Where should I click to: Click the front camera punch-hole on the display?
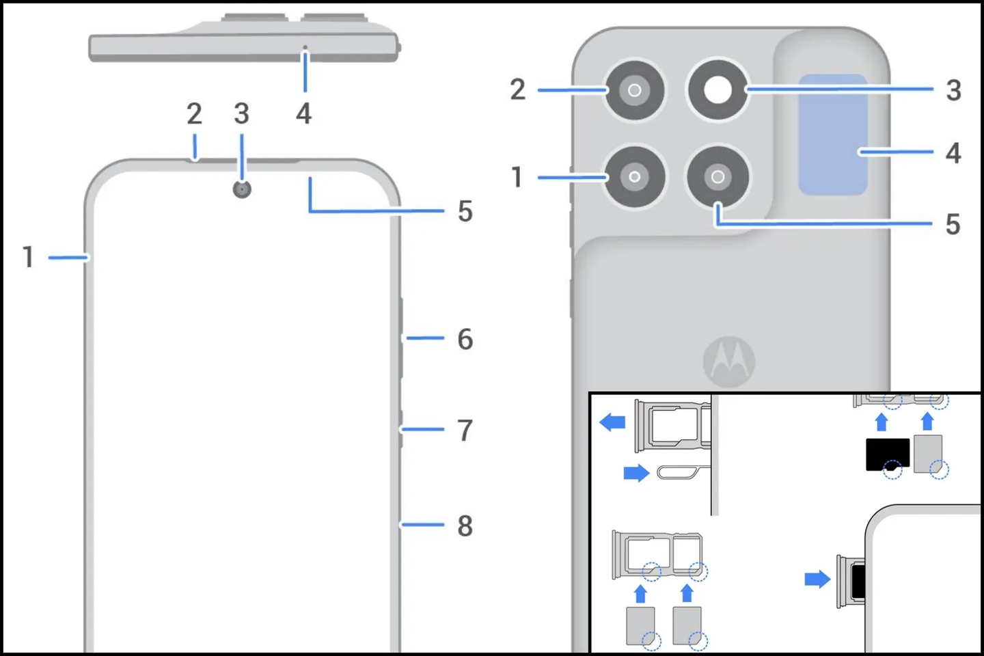pos(242,189)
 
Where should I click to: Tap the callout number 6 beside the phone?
pos(465,339)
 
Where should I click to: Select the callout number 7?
pos(465,430)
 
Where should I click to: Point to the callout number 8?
pos(465,525)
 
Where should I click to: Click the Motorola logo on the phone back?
pos(729,361)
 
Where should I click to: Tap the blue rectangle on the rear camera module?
pos(832,135)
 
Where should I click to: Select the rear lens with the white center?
pos(717,90)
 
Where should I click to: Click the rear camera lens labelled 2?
pos(635,90)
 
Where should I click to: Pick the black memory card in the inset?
pos(887,454)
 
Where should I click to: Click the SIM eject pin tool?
pos(680,471)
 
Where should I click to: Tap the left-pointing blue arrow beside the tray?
pos(612,422)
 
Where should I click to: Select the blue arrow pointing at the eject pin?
pos(636,473)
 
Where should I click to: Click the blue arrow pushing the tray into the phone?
pos(817,579)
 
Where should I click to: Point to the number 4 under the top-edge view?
pos(303,113)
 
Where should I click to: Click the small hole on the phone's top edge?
pos(305,48)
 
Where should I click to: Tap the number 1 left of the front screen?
pos(28,258)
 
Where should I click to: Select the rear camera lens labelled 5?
pos(717,177)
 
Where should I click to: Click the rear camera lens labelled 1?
pos(635,177)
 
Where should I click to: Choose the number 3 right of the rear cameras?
pos(953,90)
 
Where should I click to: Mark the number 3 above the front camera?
pos(241,114)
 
